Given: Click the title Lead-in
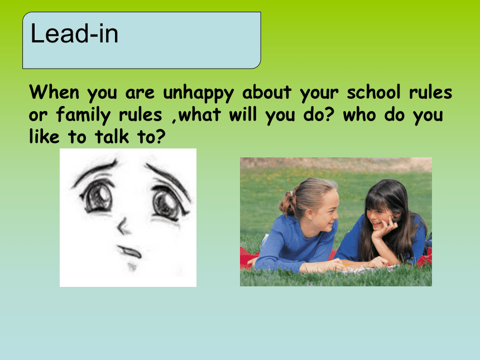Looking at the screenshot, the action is (x=74, y=33).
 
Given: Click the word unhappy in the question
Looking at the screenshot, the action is (x=198, y=93).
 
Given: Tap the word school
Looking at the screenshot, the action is (x=373, y=92).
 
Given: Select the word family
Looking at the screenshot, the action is (x=83, y=116).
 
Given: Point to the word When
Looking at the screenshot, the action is (x=54, y=92).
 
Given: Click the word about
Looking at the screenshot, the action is (x=267, y=92).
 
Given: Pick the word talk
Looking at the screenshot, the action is (x=112, y=136).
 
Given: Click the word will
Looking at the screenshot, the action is (x=243, y=114).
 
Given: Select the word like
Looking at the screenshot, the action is (x=44, y=136).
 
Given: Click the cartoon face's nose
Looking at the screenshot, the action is (x=122, y=226).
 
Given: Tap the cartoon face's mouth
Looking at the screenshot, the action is (x=130, y=251).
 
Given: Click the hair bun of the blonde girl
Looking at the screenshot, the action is (x=287, y=203).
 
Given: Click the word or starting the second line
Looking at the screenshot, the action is (x=39, y=116).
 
